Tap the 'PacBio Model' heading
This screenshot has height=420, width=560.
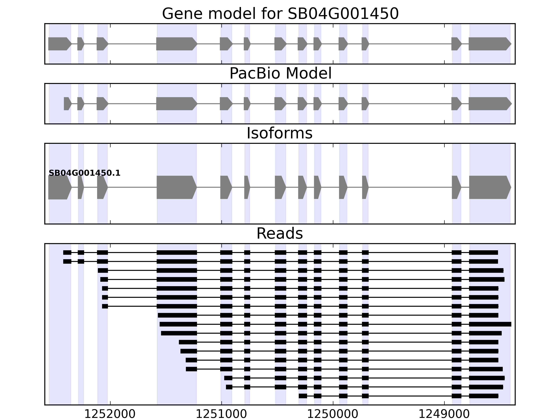[280, 73]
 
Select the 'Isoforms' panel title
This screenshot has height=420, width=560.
[279, 133]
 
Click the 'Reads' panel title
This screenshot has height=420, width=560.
[279, 233]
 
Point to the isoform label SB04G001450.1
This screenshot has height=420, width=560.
[84, 173]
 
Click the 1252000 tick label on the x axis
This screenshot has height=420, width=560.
[110, 414]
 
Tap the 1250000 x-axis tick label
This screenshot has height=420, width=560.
[333, 414]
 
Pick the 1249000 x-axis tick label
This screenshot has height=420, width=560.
[444, 414]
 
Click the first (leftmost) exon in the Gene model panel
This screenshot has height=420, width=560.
[59, 44]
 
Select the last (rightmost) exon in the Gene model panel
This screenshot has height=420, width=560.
[489, 44]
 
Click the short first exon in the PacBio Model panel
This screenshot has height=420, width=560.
[67, 104]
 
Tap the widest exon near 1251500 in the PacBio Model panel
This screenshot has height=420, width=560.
[176, 104]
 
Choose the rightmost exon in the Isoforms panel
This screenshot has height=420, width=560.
[489, 187]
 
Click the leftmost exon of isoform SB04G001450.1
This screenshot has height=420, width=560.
[59, 187]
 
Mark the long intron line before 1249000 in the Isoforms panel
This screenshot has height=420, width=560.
[410, 187]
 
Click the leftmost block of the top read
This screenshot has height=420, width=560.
[67, 252]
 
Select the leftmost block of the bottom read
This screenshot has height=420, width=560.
[303, 396]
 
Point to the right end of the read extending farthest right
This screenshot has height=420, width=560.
[511, 324]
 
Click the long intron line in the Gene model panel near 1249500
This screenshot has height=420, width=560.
[410, 44]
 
